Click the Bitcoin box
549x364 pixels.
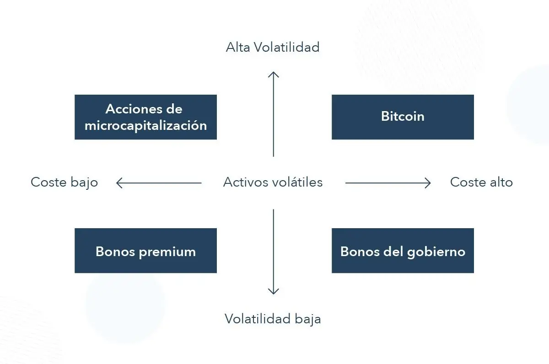(x=403, y=117)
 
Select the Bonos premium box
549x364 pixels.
(x=145, y=251)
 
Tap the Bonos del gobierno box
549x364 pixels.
(x=403, y=251)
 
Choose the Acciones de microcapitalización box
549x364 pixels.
(x=145, y=117)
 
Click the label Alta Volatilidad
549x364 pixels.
(x=273, y=47)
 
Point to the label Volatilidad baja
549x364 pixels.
(x=273, y=319)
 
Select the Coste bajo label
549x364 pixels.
(x=64, y=183)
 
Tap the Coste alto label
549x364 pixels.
(x=481, y=182)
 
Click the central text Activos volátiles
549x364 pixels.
(x=273, y=182)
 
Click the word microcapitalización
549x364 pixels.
(x=145, y=126)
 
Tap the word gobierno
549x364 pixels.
(x=436, y=252)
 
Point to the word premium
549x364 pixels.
(x=167, y=252)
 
